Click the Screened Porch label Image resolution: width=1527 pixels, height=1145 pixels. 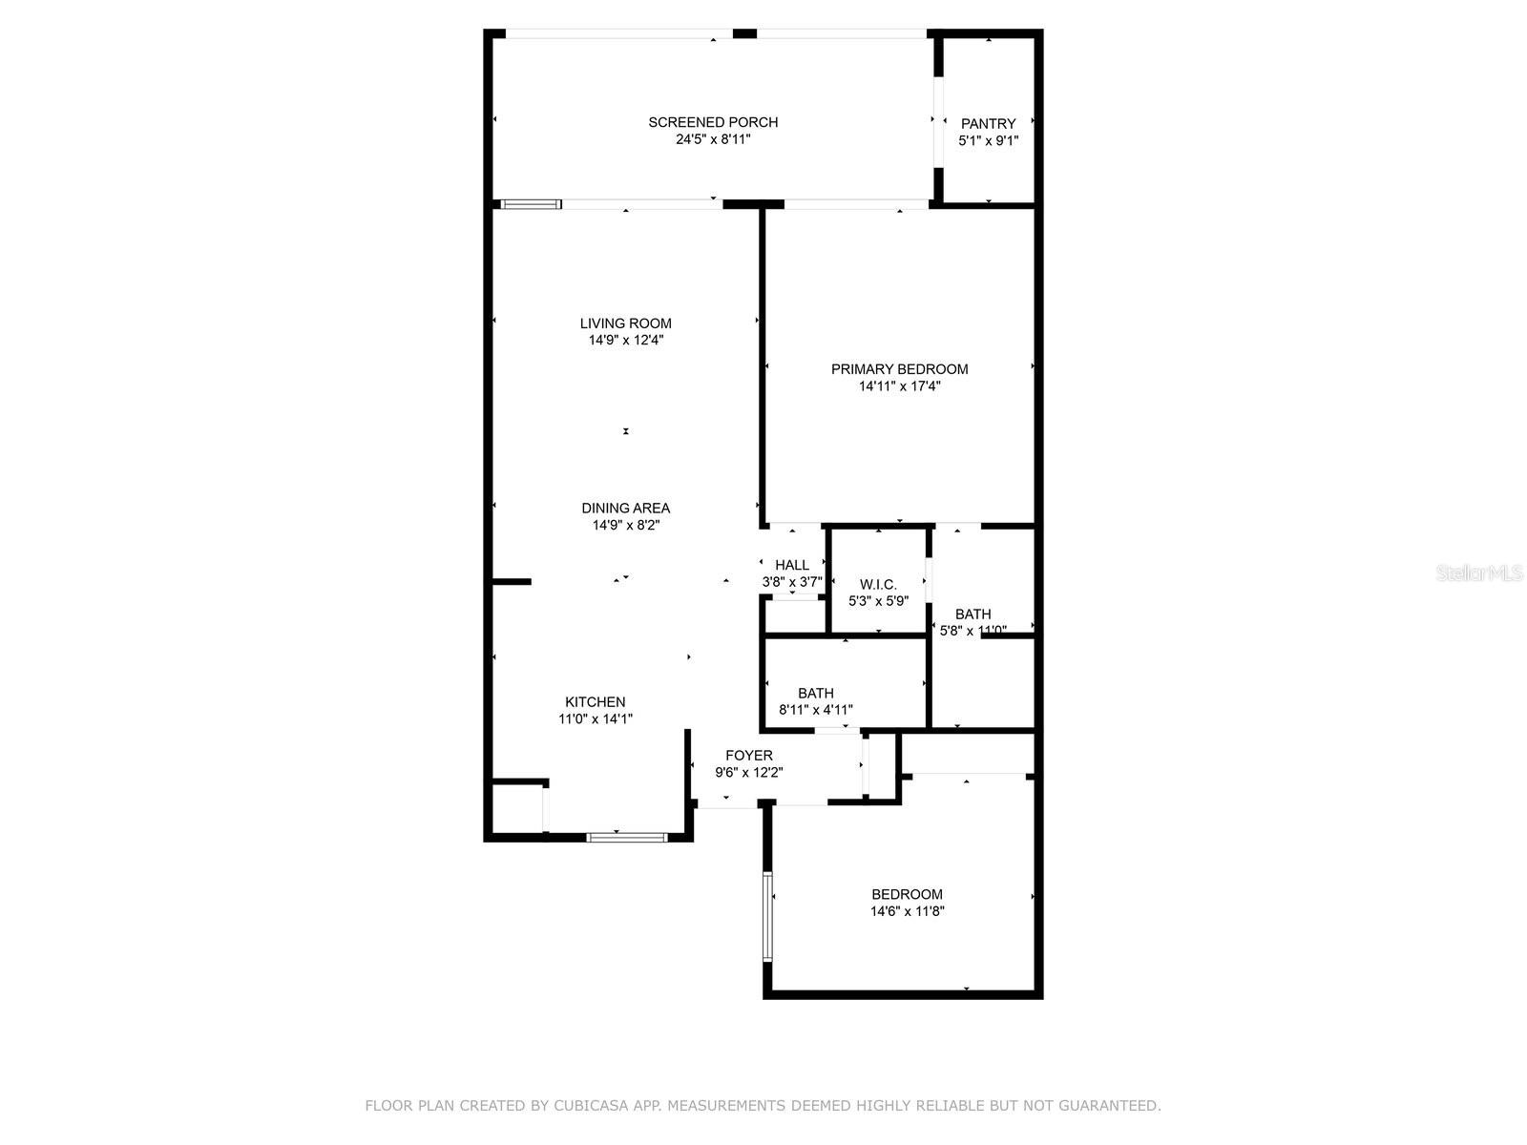pos(713,122)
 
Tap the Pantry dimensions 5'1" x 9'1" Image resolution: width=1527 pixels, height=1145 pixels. pos(988,140)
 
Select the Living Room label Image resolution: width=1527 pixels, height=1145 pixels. pos(625,323)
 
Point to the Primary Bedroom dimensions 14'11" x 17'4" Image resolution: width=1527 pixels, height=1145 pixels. pos(899,386)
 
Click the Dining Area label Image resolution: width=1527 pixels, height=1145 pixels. pos(625,509)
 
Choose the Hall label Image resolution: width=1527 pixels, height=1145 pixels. pos(791,565)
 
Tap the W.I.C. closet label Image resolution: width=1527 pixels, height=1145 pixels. pos(878,584)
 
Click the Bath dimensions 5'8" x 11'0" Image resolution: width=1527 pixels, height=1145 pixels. pos(973,631)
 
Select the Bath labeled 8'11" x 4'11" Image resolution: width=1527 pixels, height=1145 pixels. pos(815,694)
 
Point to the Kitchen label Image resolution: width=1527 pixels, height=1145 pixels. pos(595,702)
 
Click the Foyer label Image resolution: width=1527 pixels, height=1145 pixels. pos(748,756)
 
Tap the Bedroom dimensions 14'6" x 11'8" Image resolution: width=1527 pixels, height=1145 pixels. pos(907,911)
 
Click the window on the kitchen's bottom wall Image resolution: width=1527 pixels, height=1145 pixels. pos(627,838)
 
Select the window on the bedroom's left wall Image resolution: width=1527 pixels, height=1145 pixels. pos(766,916)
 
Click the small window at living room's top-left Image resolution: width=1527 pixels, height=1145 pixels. pos(532,203)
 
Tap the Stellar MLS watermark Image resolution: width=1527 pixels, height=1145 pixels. pos(1479,572)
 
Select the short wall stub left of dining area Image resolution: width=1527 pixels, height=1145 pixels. pos(511,581)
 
